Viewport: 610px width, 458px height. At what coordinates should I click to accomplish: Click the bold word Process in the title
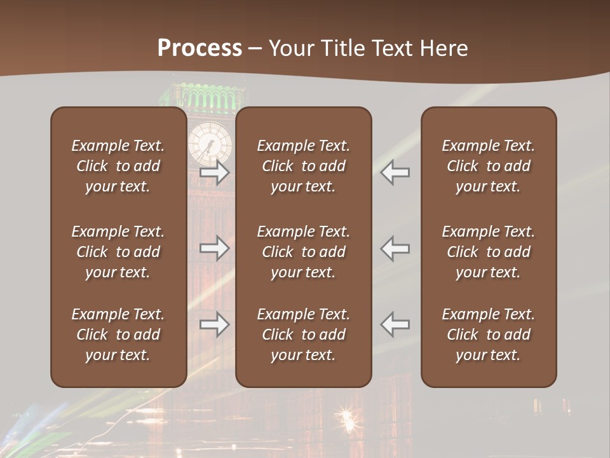coord(200,48)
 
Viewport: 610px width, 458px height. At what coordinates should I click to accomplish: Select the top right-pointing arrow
coord(214,172)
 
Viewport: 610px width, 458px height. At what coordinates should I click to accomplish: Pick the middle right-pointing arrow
coord(214,248)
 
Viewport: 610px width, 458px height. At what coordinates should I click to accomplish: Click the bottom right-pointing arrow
coord(214,324)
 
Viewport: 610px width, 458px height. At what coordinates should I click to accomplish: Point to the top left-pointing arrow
coord(395,172)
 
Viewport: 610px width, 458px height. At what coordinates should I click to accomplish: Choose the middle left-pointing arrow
coord(395,248)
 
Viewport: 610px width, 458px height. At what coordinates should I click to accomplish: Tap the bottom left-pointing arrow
coord(395,324)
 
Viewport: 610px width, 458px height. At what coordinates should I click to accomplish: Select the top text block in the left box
coord(118,166)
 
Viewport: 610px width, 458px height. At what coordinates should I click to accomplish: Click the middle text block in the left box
coord(118,252)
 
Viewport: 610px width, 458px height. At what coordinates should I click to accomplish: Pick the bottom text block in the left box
coord(118,335)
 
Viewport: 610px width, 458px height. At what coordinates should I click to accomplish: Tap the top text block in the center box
coord(303,166)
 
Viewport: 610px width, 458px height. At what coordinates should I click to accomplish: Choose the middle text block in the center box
coord(303,252)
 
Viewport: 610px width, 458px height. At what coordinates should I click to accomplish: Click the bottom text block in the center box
coord(303,335)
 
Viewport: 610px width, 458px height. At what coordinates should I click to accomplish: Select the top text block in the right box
coord(488,166)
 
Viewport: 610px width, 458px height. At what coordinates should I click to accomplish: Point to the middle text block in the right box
coord(488,252)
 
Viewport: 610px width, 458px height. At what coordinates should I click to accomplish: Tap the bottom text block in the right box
coord(488,335)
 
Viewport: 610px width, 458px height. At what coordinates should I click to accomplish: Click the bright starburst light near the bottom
coord(347,417)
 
